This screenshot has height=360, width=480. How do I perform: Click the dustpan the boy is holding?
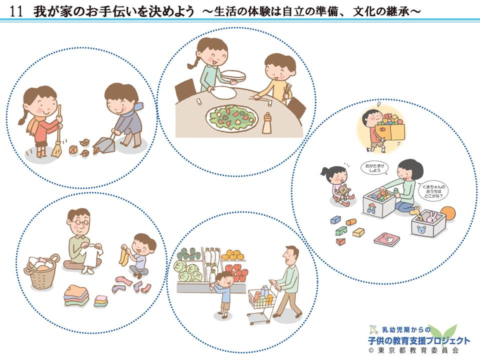103,145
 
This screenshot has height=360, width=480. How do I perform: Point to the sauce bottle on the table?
267,122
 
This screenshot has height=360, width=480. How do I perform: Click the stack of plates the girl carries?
233,75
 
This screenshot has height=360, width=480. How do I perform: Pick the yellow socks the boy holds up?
123,253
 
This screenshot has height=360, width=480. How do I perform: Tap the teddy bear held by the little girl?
344,193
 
